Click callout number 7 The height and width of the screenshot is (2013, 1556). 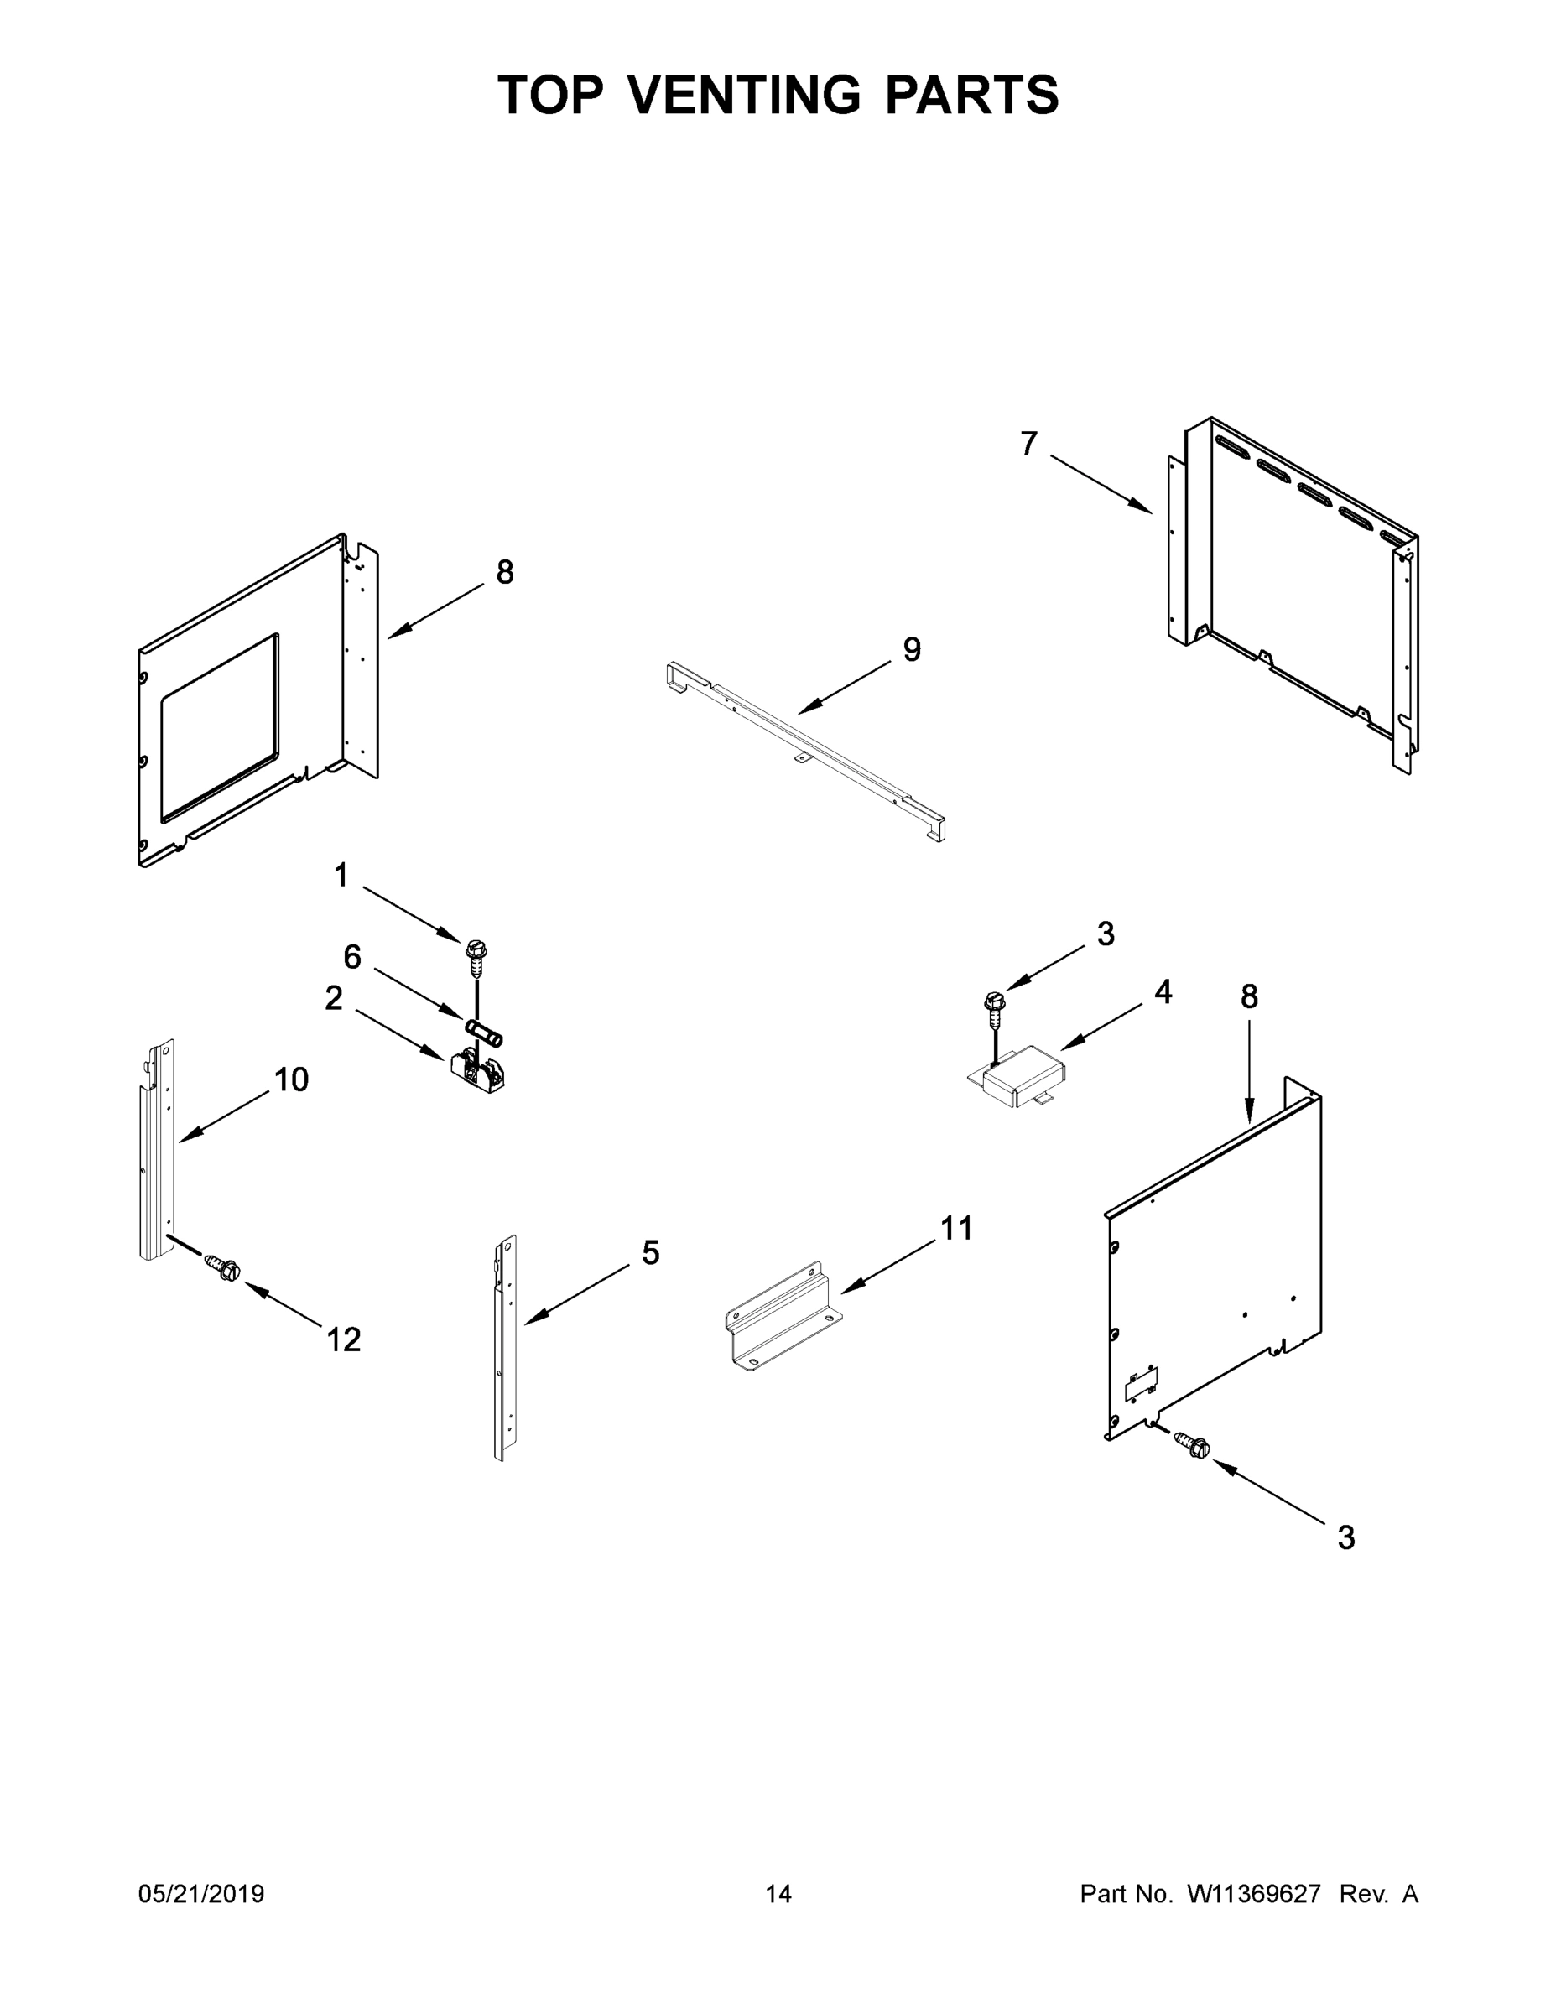click(x=1028, y=445)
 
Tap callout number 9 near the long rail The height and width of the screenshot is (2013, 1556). click(x=911, y=650)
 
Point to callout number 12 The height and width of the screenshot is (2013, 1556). click(x=344, y=1339)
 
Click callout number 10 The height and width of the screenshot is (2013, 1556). click(x=291, y=1079)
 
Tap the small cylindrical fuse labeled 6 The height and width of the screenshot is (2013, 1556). click(x=483, y=1033)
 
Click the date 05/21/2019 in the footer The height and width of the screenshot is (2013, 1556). click(x=201, y=1894)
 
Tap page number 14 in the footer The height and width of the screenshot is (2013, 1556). click(x=778, y=1894)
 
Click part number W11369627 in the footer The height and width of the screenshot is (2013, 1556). click(x=1254, y=1894)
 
